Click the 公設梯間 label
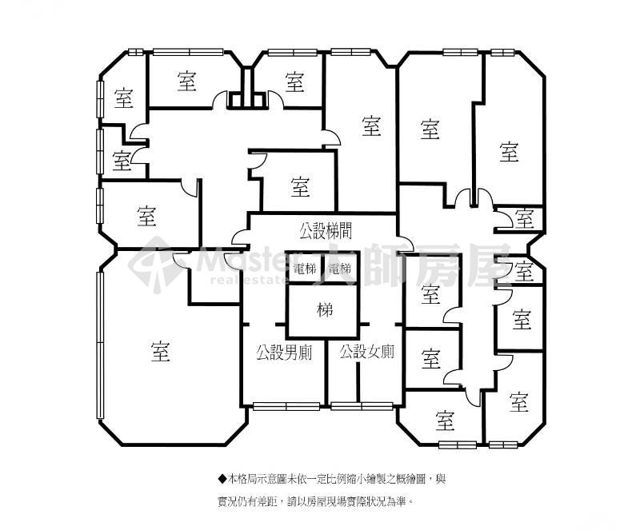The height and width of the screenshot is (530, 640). click(326, 231)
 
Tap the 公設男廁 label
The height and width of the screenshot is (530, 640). click(285, 352)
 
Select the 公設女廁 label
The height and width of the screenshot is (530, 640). click(367, 351)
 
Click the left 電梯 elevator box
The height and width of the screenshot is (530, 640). click(304, 268)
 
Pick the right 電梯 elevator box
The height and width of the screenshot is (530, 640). click(339, 268)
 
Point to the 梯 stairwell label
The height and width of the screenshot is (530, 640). click(325, 310)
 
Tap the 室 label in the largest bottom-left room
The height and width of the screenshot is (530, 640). click(161, 351)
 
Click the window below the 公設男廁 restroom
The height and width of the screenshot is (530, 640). click(286, 406)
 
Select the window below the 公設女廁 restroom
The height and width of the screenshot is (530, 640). click(362, 406)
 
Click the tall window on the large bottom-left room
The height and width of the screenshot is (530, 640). click(99, 345)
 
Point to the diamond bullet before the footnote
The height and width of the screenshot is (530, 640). click(222, 479)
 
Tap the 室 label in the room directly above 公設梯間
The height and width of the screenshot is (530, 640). click(300, 186)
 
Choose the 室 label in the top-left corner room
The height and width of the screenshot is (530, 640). click(123, 98)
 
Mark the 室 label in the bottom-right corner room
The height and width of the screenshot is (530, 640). click(518, 401)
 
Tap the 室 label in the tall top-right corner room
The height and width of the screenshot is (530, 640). click(509, 152)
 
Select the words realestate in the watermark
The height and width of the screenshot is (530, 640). click(247, 280)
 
